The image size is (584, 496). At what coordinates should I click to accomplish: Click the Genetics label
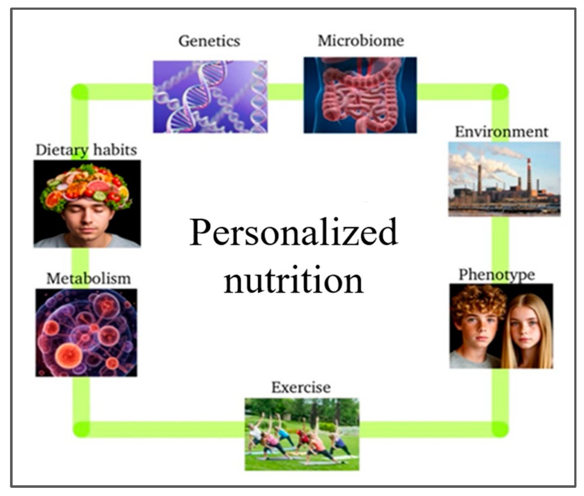pyautogui.click(x=209, y=41)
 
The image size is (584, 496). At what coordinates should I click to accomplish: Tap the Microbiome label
pyautogui.click(x=361, y=40)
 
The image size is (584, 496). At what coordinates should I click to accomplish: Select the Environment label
pyautogui.click(x=501, y=132)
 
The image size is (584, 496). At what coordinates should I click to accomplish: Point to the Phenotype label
pyautogui.click(x=496, y=275)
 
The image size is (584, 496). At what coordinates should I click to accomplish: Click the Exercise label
pyautogui.click(x=301, y=387)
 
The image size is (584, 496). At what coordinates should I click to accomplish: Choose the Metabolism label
pyautogui.click(x=89, y=278)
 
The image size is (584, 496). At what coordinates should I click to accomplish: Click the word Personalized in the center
pyautogui.click(x=293, y=232)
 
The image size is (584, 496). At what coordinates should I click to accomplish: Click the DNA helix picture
pyautogui.click(x=210, y=96)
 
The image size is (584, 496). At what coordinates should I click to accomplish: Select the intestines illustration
pyautogui.click(x=360, y=95)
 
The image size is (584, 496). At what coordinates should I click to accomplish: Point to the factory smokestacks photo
pyautogui.click(x=504, y=179)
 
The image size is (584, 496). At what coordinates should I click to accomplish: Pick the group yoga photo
pyautogui.click(x=302, y=434)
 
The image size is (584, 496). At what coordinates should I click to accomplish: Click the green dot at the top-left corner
pyautogui.click(x=80, y=92)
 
